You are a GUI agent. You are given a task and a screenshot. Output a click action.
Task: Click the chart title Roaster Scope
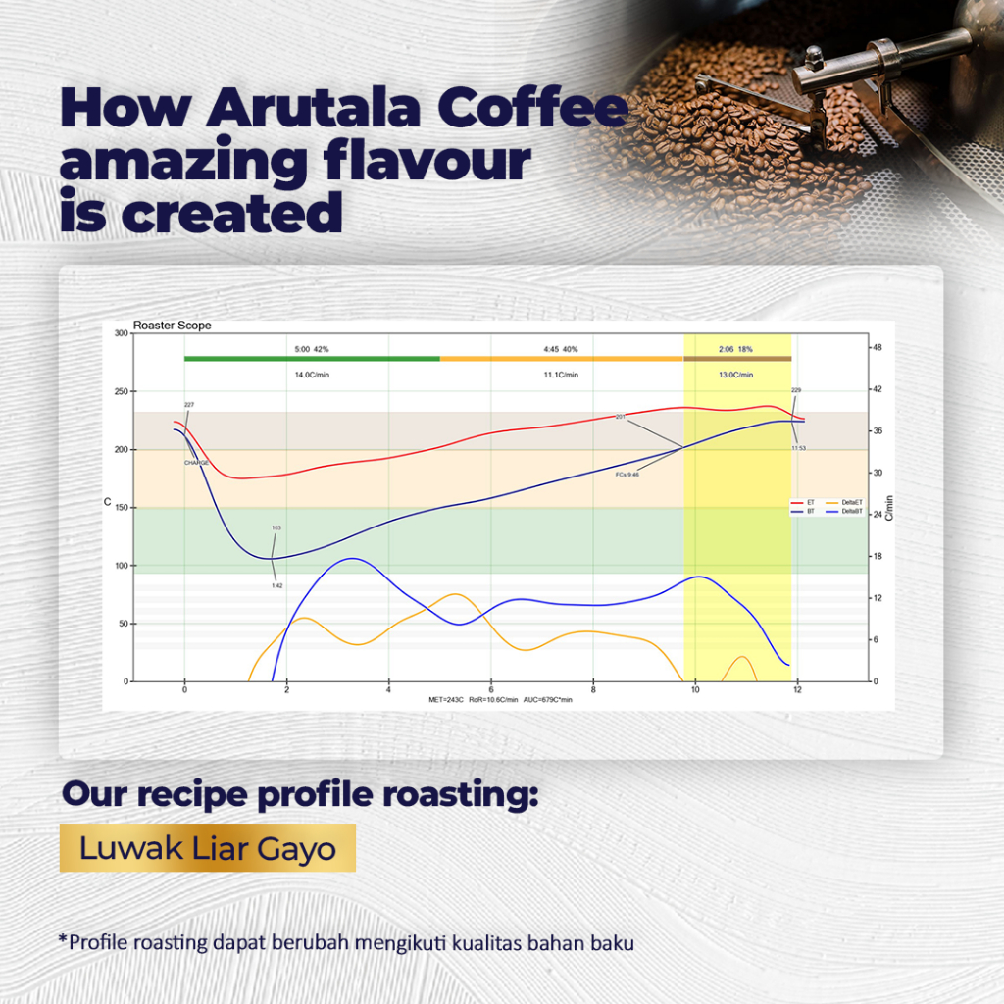(172, 326)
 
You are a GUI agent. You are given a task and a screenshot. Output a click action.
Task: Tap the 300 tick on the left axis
(121, 334)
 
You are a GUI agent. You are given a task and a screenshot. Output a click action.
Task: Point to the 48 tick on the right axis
(878, 348)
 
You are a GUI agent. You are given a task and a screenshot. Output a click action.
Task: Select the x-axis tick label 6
(491, 689)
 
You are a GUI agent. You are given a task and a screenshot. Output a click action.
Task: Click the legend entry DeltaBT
(851, 512)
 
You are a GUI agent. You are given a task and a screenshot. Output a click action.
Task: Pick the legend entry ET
(810, 502)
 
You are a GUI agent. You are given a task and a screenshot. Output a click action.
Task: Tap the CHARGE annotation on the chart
(196, 462)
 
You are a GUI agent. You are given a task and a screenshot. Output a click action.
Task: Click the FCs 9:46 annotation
(627, 475)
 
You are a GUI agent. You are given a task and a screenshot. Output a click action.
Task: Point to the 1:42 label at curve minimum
(276, 585)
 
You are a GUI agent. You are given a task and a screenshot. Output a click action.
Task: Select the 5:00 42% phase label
(312, 348)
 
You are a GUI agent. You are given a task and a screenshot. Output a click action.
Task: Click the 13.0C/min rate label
(735, 375)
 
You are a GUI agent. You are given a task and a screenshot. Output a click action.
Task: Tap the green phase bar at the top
(312, 359)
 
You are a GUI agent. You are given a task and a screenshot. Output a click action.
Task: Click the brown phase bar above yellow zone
(736, 359)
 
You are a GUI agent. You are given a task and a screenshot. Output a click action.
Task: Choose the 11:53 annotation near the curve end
(799, 448)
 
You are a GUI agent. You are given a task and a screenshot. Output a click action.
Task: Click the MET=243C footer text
(447, 700)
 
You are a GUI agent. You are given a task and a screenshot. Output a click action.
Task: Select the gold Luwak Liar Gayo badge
(207, 848)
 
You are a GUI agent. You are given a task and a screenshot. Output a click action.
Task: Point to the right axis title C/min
(889, 507)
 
